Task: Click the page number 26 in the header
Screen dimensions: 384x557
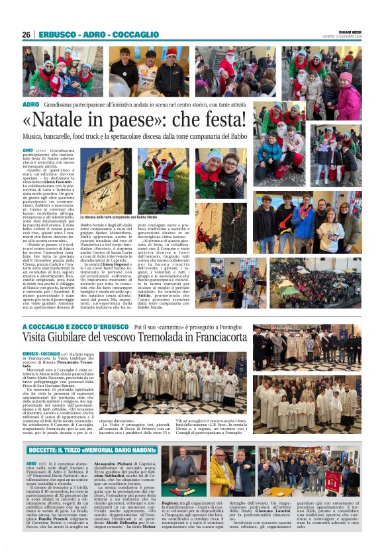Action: [x=26, y=34]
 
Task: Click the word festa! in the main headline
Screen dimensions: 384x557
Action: [x=228, y=121]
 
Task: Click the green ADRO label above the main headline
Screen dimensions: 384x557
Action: [x=31, y=105]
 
